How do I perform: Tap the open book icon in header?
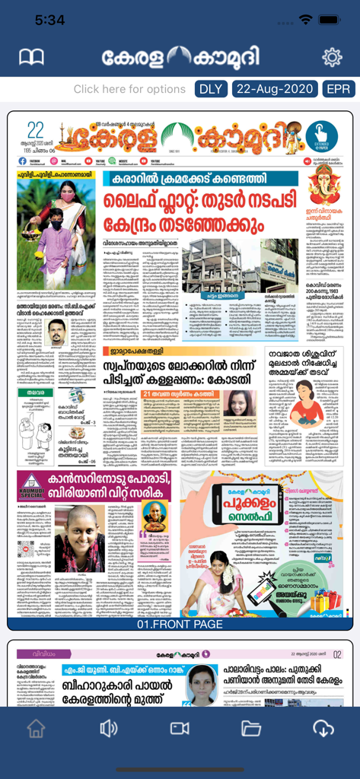(31, 58)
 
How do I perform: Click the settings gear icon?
(332, 57)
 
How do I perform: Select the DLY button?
(210, 89)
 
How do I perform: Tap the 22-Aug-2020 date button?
(274, 89)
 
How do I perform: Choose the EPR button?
(338, 89)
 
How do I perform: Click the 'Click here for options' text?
(129, 89)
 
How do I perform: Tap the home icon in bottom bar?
(36, 728)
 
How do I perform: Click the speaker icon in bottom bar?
(108, 728)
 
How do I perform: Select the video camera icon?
(180, 728)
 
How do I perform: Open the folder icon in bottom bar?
(251, 728)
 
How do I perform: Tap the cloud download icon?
(323, 728)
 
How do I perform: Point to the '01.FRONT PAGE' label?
(180, 625)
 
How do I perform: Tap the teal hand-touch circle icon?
(321, 132)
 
